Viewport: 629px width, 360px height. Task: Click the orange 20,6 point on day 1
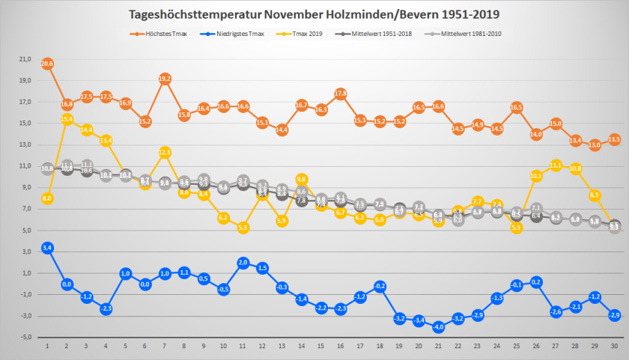click(47, 64)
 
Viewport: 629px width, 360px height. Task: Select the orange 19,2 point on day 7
click(165, 79)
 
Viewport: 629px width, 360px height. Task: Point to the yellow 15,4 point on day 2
click(67, 119)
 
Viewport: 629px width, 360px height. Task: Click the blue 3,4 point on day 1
click(47, 247)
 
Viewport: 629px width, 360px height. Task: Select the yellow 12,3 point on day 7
click(165, 152)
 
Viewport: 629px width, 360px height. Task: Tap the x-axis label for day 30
click(614, 346)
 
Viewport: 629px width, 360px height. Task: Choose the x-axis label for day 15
click(320, 346)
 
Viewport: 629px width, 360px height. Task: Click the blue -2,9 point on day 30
click(614, 314)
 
